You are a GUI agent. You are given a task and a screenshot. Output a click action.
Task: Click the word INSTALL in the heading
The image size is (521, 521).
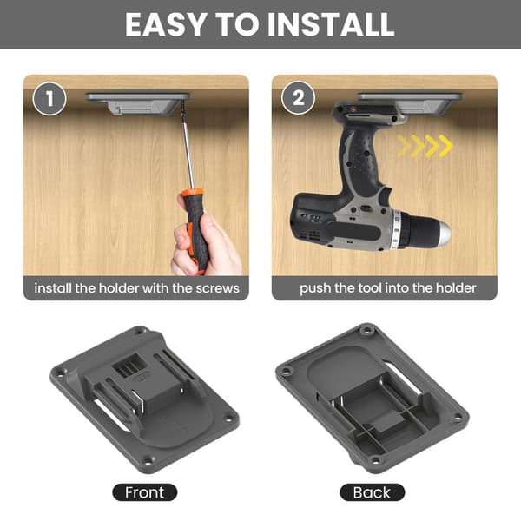(x=331, y=24)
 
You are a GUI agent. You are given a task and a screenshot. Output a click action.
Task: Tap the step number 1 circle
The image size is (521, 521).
(x=49, y=99)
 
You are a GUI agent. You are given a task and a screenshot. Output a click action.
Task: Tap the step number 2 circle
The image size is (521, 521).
(x=298, y=98)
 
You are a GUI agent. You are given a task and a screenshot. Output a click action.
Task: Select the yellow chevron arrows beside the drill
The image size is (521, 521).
(x=425, y=146)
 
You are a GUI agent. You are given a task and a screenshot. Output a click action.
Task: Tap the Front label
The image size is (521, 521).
(x=144, y=492)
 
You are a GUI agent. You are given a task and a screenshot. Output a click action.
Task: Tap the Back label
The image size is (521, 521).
(x=372, y=492)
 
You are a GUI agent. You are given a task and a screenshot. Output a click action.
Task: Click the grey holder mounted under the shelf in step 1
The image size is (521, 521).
(x=137, y=103)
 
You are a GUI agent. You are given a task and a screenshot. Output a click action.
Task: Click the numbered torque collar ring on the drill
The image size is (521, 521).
(x=396, y=229)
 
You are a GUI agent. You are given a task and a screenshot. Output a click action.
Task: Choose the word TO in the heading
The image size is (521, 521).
(x=237, y=24)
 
